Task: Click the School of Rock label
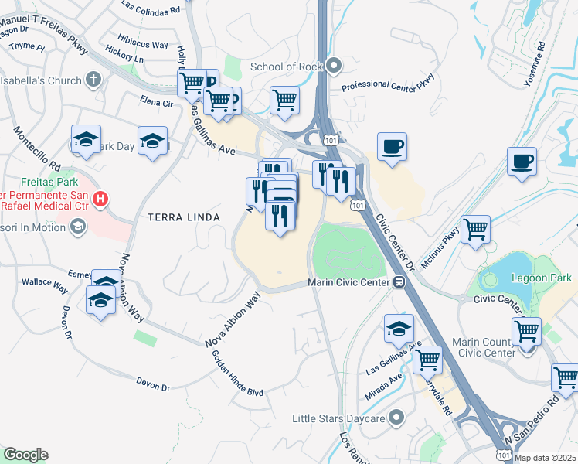(x=285, y=67)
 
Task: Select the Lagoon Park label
(x=546, y=277)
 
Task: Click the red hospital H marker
(x=100, y=200)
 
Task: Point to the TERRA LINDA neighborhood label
(x=184, y=218)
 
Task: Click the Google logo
(x=25, y=455)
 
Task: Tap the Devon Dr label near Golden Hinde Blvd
(x=152, y=384)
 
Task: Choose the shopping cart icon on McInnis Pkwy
(x=475, y=228)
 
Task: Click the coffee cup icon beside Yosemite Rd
(x=522, y=162)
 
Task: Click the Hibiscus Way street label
(x=143, y=45)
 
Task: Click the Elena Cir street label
(x=156, y=101)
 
